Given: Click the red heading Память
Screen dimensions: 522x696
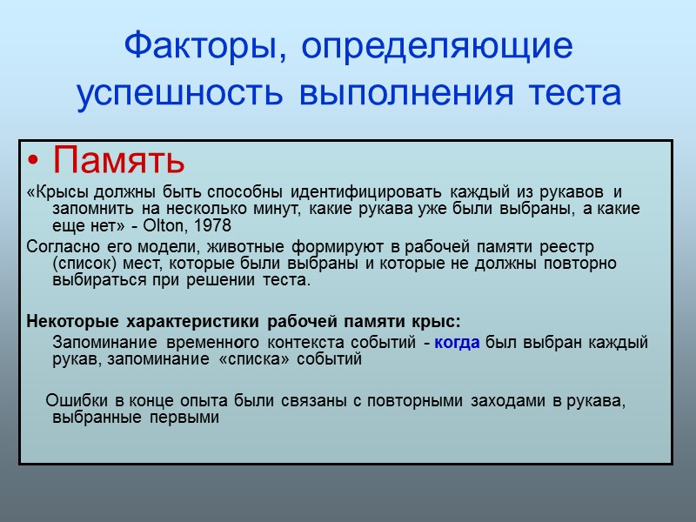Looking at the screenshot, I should click(118, 161).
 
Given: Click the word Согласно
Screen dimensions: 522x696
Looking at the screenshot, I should click(59, 248).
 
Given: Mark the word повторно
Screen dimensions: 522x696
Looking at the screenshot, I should click(584, 264).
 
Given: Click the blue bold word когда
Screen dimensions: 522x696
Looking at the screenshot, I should click(457, 343).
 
